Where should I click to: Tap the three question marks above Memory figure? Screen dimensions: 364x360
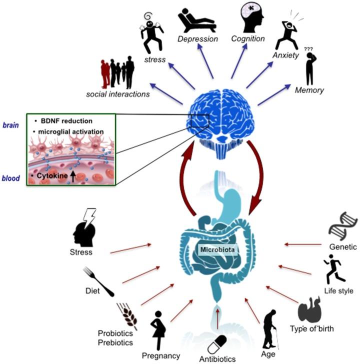(x=308, y=49)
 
